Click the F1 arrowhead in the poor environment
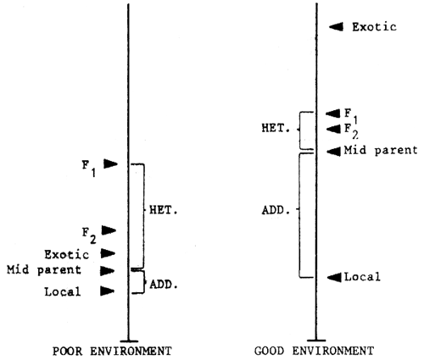(x=110, y=163)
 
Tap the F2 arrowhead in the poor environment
(x=109, y=230)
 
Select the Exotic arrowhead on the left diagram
(x=109, y=252)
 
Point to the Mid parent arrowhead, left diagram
(x=108, y=271)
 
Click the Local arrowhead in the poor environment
(x=108, y=291)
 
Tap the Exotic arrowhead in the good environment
(x=337, y=27)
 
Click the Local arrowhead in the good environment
(x=332, y=276)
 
